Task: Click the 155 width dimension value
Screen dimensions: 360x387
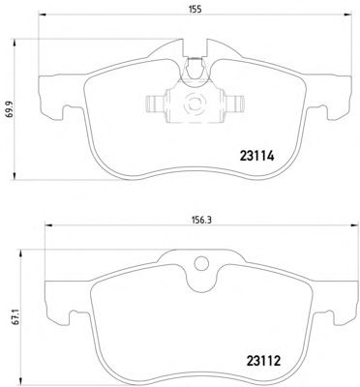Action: (x=195, y=10)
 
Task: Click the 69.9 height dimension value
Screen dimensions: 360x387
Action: (x=10, y=107)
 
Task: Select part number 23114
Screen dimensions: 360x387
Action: (x=256, y=157)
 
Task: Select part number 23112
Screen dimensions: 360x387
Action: (x=263, y=361)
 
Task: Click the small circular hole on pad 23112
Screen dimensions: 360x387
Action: (x=201, y=263)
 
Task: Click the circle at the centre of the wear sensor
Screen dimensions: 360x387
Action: (x=195, y=104)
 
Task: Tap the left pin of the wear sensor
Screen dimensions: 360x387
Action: (x=156, y=104)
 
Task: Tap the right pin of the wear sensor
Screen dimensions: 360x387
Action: (x=234, y=104)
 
